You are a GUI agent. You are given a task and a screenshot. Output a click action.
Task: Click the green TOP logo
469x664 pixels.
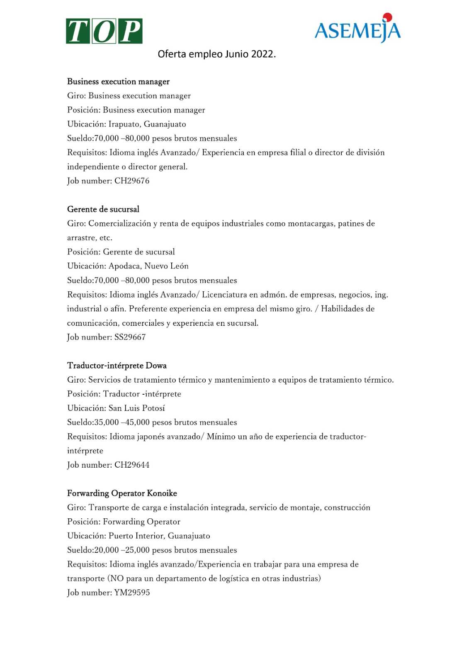[104, 31]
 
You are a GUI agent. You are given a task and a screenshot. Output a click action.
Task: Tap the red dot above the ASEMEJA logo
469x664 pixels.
[387, 17]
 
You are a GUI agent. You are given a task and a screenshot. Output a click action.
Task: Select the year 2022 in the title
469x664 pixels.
[262, 54]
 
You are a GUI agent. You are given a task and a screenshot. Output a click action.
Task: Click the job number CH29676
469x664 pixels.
[132, 181]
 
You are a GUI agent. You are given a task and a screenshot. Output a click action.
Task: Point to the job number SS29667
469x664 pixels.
[130, 337]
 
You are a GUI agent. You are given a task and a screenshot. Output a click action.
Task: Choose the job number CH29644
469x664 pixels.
[132, 465]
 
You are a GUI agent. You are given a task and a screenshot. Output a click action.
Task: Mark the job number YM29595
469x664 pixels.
[132, 593]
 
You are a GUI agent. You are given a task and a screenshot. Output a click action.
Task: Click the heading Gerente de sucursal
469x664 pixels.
[103, 209]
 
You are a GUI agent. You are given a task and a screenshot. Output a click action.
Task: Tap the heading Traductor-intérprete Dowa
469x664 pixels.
[117, 366]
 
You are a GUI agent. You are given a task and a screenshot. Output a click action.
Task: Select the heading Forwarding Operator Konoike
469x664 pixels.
[122, 493]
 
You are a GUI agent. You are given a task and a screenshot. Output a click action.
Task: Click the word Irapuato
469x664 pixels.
[124, 124]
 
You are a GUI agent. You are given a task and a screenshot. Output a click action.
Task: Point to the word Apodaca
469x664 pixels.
[124, 266]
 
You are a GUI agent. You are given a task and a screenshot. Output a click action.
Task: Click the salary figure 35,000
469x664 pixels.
[107, 422]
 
